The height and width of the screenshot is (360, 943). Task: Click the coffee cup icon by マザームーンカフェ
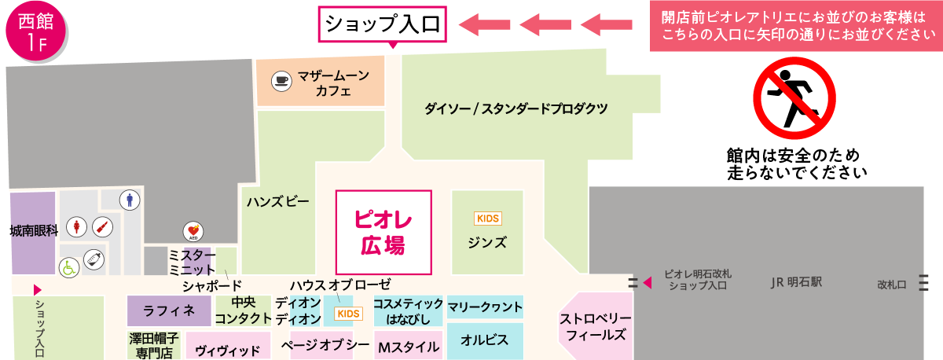pos(281,79)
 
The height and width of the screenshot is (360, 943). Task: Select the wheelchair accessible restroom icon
pos(69,266)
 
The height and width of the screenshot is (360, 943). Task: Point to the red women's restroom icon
pos(75,227)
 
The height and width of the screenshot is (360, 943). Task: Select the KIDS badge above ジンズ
pos(487,218)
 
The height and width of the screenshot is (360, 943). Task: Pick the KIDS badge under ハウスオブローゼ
pos(347,314)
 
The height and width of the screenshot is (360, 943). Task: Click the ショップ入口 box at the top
pos(383,24)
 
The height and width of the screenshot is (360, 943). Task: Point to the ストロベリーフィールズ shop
pos(596,326)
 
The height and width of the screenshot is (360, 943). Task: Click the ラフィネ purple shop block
pos(169,311)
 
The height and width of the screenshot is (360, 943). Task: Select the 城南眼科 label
pos(34,231)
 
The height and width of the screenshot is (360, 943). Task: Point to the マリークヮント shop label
pos(485,306)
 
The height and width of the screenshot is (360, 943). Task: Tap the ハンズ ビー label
pos(277,202)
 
